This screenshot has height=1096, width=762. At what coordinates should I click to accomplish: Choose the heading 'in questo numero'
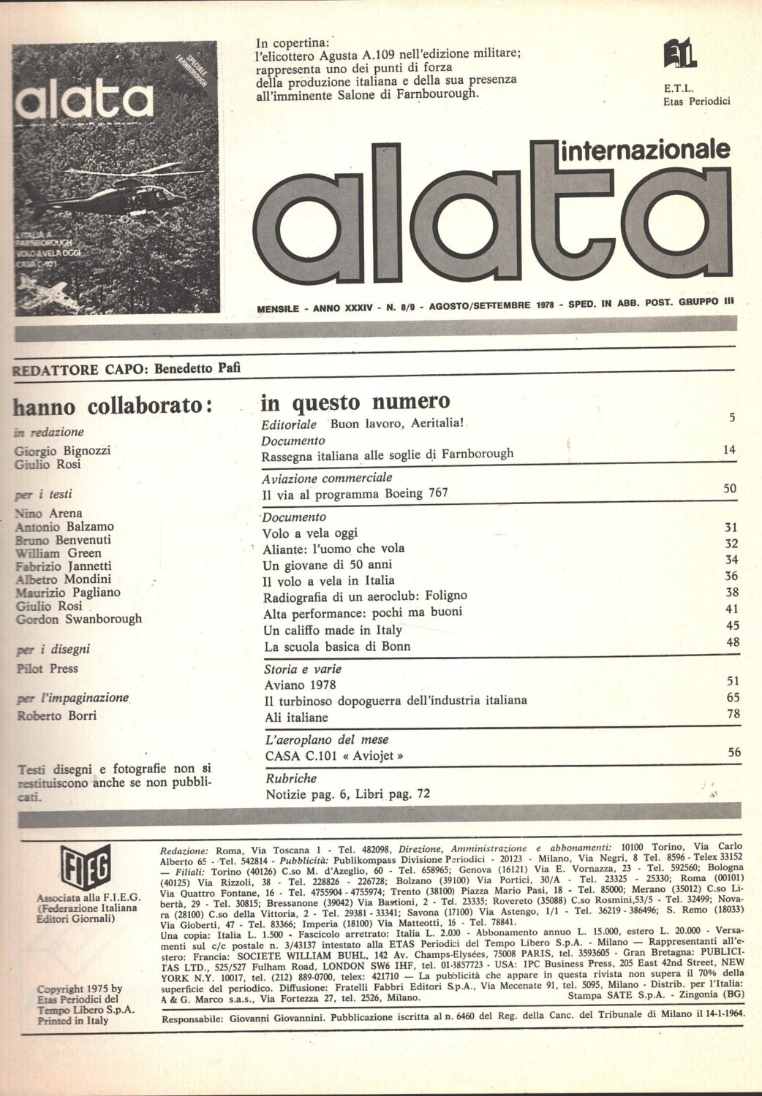355,401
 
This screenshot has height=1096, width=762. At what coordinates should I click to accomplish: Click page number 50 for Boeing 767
729,489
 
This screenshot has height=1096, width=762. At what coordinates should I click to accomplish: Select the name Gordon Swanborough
79,619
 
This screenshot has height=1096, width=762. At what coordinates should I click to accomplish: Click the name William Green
59,553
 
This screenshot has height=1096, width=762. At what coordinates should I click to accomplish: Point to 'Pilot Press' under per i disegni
47,669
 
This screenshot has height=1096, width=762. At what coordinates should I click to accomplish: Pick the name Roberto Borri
56,715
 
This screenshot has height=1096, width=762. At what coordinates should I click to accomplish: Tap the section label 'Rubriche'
291,779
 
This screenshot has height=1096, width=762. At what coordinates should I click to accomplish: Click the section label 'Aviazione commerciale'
327,478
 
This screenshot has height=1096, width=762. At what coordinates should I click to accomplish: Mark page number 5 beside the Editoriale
731,418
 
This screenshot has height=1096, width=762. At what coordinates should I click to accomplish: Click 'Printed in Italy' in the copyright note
72,1020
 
